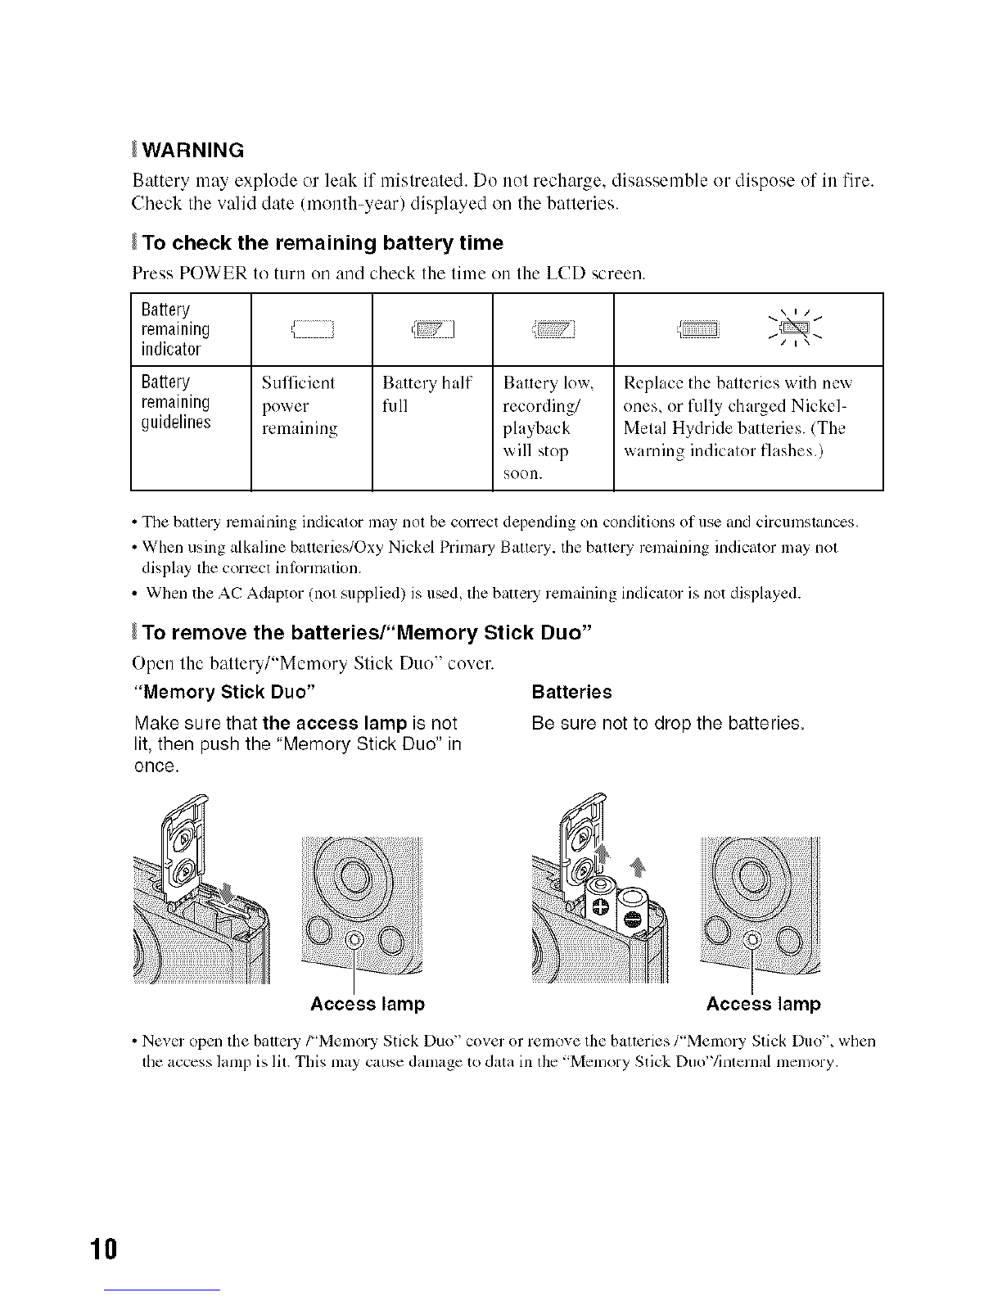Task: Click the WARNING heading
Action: point(193,150)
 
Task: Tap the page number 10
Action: point(104,1249)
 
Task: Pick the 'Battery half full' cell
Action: point(427,394)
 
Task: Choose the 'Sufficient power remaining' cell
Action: point(300,406)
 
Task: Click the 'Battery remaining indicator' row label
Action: point(175,329)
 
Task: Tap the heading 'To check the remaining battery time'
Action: point(323,243)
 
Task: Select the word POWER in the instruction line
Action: point(213,273)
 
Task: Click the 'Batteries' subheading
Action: point(571,692)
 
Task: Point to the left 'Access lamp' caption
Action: point(368,1004)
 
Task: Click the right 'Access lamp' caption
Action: point(763,1004)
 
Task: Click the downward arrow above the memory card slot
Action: point(227,892)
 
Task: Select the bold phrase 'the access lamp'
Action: point(334,723)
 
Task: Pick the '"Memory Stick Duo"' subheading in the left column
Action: point(224,692)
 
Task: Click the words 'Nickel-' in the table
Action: point(819,406)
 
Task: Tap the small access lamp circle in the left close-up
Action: point(354,939)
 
